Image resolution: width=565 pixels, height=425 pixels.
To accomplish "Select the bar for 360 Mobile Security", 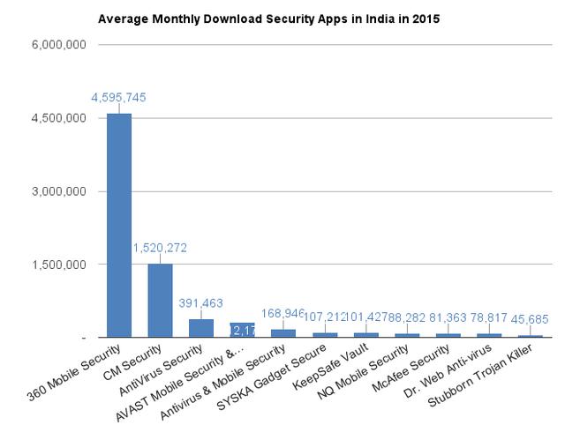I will (x=119, y=225).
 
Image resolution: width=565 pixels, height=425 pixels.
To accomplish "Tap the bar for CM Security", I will (x=160, y=300).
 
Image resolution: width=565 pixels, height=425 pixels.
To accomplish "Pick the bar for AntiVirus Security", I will (x=201, y=328).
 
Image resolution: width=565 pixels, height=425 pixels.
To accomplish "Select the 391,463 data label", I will (x=201, y=302).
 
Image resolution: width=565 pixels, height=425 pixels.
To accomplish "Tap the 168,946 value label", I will (x=282, y=312).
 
